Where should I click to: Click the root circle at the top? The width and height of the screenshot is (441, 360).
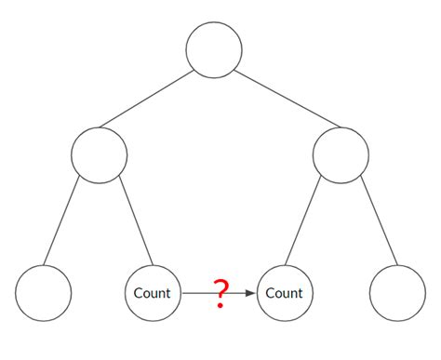point(214,49)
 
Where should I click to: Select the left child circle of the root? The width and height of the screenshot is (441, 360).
point(99,153)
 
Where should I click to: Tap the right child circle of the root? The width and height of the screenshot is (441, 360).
point(341,153)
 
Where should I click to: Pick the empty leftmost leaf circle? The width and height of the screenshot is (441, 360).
point(43,293)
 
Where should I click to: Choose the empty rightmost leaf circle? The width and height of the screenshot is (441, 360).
point(397,293)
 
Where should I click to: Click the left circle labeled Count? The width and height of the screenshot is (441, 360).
point(153,293)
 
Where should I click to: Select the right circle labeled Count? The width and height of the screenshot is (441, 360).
point(285,293)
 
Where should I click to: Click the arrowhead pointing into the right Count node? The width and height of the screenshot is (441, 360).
point(250,293)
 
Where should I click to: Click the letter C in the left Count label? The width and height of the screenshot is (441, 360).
point(139,293)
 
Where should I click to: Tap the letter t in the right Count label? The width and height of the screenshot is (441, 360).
point(300,293)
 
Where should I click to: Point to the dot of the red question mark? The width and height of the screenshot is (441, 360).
point(220,305)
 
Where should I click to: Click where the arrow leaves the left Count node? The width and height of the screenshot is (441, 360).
point(182,293)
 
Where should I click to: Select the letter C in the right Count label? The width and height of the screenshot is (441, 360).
point(271,293)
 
